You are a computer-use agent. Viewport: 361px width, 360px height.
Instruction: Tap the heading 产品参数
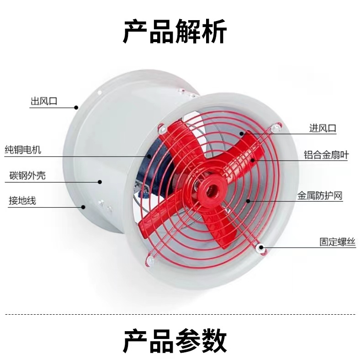point(175,340)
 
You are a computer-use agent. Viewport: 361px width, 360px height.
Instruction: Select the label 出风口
point(43,101)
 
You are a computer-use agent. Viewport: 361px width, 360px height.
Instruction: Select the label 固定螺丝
point(337,242)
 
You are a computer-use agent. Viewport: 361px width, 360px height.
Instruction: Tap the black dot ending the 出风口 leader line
point(76,107)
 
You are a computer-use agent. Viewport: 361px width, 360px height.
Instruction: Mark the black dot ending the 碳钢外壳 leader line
point(100,182)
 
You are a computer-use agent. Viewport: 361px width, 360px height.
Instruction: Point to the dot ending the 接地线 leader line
point(84,207)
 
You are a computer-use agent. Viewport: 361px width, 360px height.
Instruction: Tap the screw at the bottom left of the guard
point(149,260)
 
